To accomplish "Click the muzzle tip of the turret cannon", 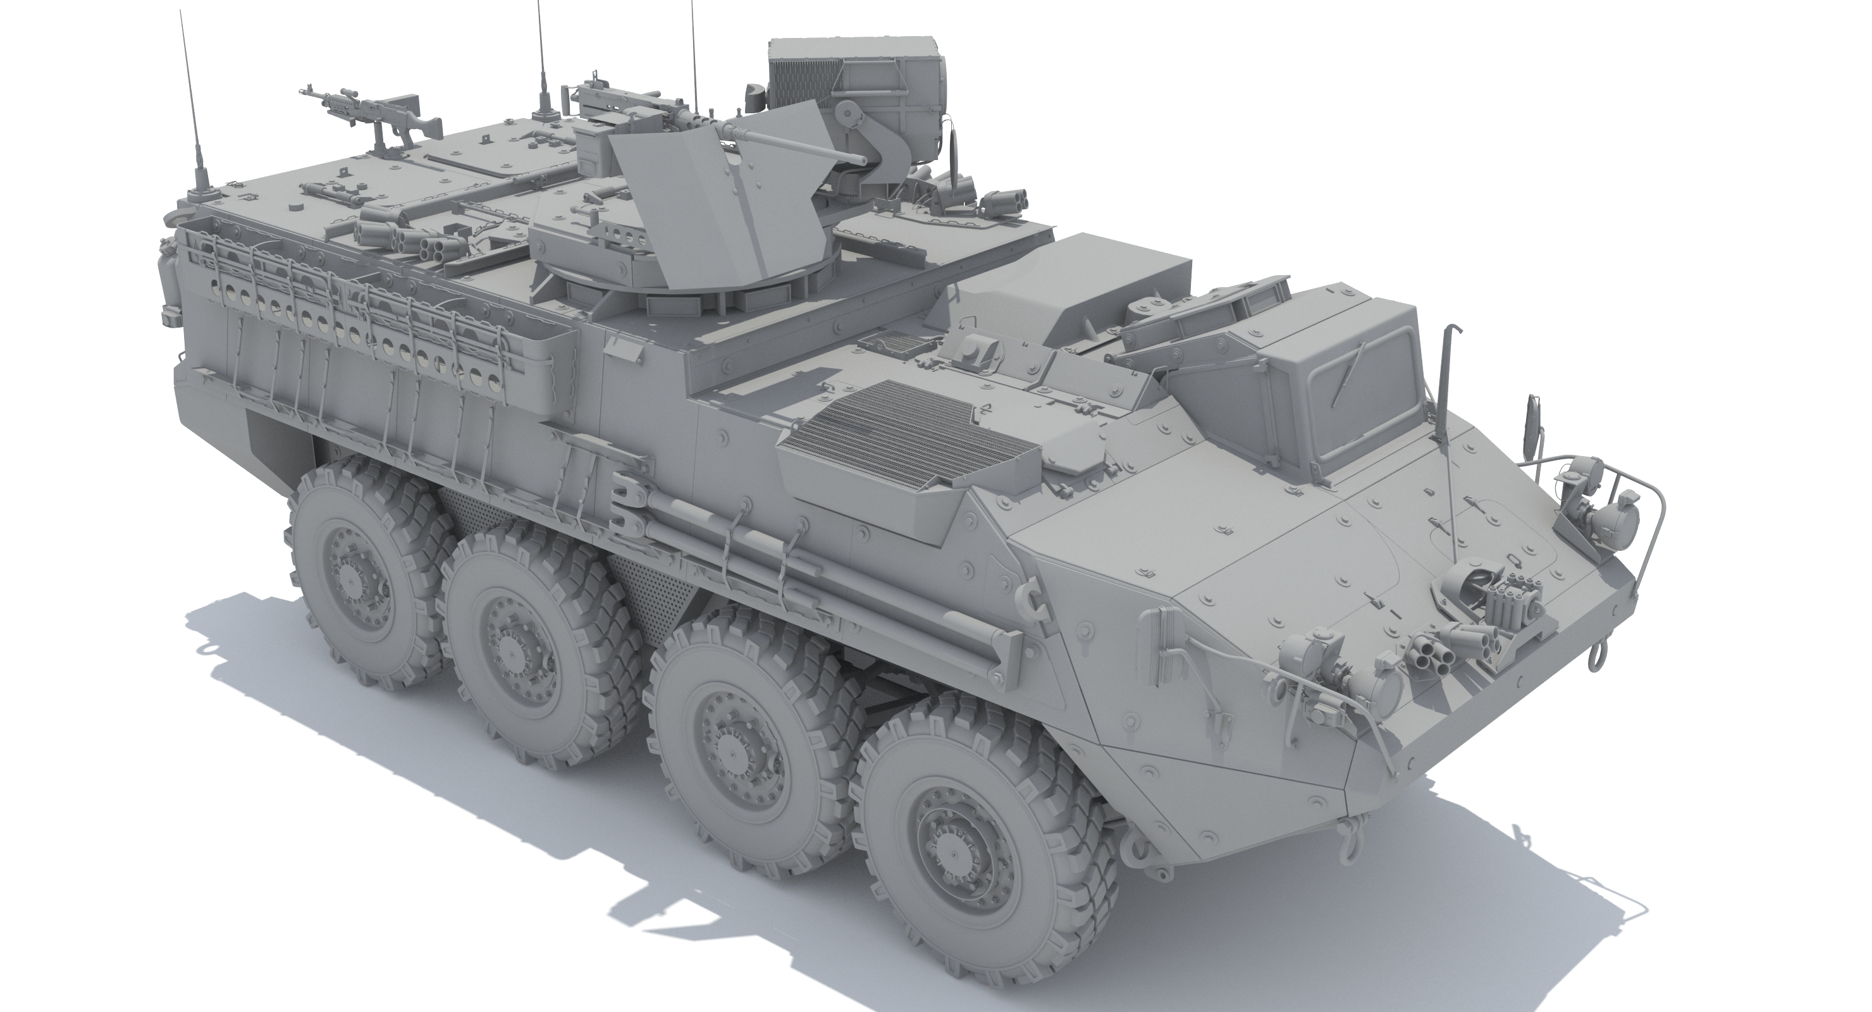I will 865,157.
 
